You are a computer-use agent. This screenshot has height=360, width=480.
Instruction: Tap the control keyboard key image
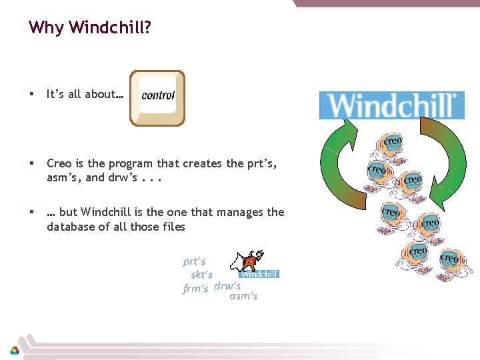[157, 98]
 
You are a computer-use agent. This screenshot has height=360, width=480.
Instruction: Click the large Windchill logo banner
[391, 105]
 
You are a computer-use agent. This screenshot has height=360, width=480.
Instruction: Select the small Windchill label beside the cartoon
[259, 274]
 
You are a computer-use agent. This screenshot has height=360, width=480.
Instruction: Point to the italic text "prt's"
[194, 261]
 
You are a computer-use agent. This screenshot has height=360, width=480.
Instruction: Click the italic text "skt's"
[201, 275]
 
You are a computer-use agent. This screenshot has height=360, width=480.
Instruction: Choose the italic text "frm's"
[195, 289]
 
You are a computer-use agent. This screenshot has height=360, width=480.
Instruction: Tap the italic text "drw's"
[227, 286]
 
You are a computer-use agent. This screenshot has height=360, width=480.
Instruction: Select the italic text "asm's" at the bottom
[243, 296]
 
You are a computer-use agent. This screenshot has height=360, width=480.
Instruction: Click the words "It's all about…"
[85, 95]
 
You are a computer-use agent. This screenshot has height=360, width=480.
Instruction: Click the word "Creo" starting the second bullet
[59, 163]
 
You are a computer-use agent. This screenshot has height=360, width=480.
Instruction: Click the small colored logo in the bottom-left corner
[14, 350]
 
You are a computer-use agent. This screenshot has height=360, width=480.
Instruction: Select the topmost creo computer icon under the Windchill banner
[392, 145]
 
